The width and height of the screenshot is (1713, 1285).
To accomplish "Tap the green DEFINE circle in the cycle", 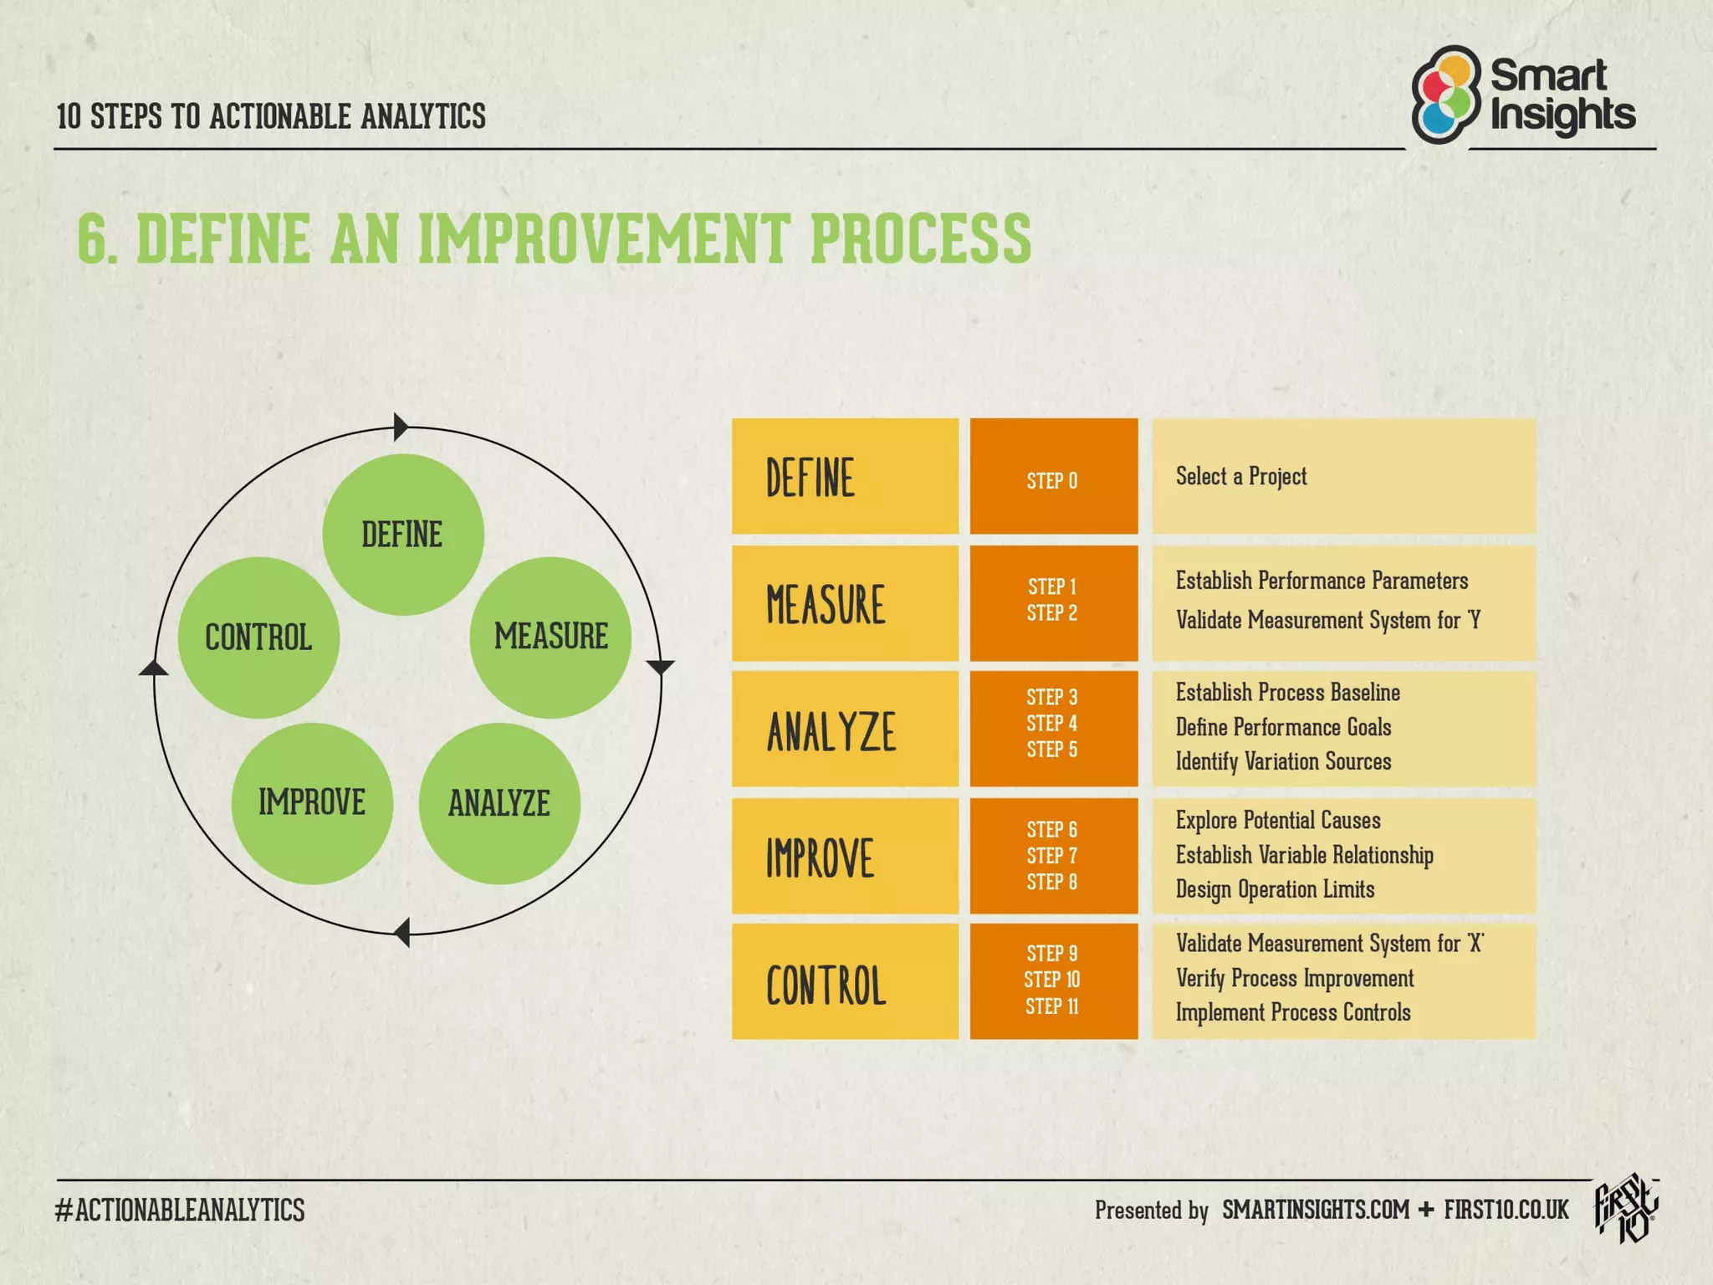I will tap(402, 535).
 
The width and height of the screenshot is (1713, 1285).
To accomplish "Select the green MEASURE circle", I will tap(550, 637).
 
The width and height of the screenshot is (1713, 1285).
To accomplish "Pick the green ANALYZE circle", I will tap(499, 803).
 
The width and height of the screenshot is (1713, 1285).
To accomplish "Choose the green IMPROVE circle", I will tap(312, 803).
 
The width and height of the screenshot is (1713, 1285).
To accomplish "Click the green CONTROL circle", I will tap(258, 637).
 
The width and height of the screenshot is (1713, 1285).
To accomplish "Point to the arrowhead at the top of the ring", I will tap(401, 427).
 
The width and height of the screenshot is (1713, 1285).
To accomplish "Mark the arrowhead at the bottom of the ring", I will tap(402, 932).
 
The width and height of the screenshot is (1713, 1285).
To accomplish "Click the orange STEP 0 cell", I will tap(1053, 477).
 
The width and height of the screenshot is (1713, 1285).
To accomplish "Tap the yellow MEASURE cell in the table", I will tap(845, 603).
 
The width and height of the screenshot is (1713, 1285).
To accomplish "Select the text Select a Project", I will tap(1240, 477).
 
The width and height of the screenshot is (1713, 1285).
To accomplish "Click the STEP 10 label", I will tap(1051, 980).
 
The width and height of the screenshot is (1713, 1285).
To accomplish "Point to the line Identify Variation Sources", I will tap(1283, 762).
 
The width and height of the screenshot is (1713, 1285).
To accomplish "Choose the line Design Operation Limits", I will tap(1275, 889).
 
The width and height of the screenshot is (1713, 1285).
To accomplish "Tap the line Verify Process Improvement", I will tap(1294, 978).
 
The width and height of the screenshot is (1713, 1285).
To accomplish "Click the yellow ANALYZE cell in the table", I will tap(845, 730).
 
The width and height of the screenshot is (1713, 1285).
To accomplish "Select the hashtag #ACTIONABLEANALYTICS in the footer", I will tap(180, 1211).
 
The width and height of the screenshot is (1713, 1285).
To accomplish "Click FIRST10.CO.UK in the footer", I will tap(1506, 1211).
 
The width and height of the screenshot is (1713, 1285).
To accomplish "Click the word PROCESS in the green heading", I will tap(920, 239).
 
